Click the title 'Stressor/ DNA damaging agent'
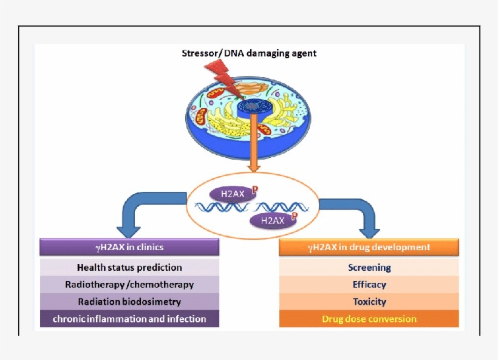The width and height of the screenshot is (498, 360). coord(249,53)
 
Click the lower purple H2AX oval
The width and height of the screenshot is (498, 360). coord(273,220)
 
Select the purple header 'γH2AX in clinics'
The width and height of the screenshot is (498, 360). coord(129,247)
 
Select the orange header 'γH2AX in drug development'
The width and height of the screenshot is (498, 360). coord(369,247)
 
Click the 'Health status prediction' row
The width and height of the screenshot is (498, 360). coord(129,267)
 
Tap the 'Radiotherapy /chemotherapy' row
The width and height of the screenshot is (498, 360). coord(129,284)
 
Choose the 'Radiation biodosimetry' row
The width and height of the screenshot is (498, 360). coord(129,302)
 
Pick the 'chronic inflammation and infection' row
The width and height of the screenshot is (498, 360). coord(129,319)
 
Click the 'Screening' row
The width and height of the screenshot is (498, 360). coord(369,267)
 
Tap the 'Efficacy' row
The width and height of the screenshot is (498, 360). coord(369,284)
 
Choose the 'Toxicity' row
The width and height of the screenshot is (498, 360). coord(369,302)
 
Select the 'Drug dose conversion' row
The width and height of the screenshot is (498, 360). coord(369,319)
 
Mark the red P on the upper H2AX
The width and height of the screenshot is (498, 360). coord(255,189)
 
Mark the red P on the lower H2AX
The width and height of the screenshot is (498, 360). coord(294,216)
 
